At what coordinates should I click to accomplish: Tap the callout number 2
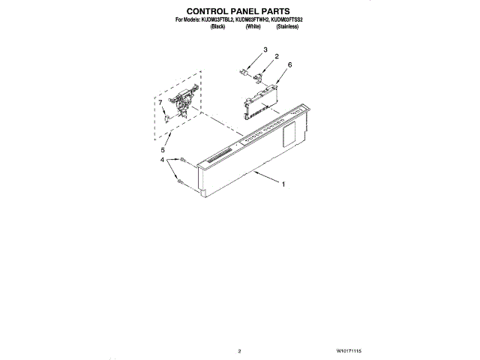pyautogui.click(x=276, y=57)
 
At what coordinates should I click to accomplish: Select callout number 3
pyautogui.click(x=265, y=49)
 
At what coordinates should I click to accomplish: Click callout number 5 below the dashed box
pyautogui.click(x=163, y=150)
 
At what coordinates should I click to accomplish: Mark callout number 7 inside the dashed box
pyautogui.click(x=160, y=102)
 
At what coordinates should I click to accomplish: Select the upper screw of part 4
pyautogui.click(x=182, y=159)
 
